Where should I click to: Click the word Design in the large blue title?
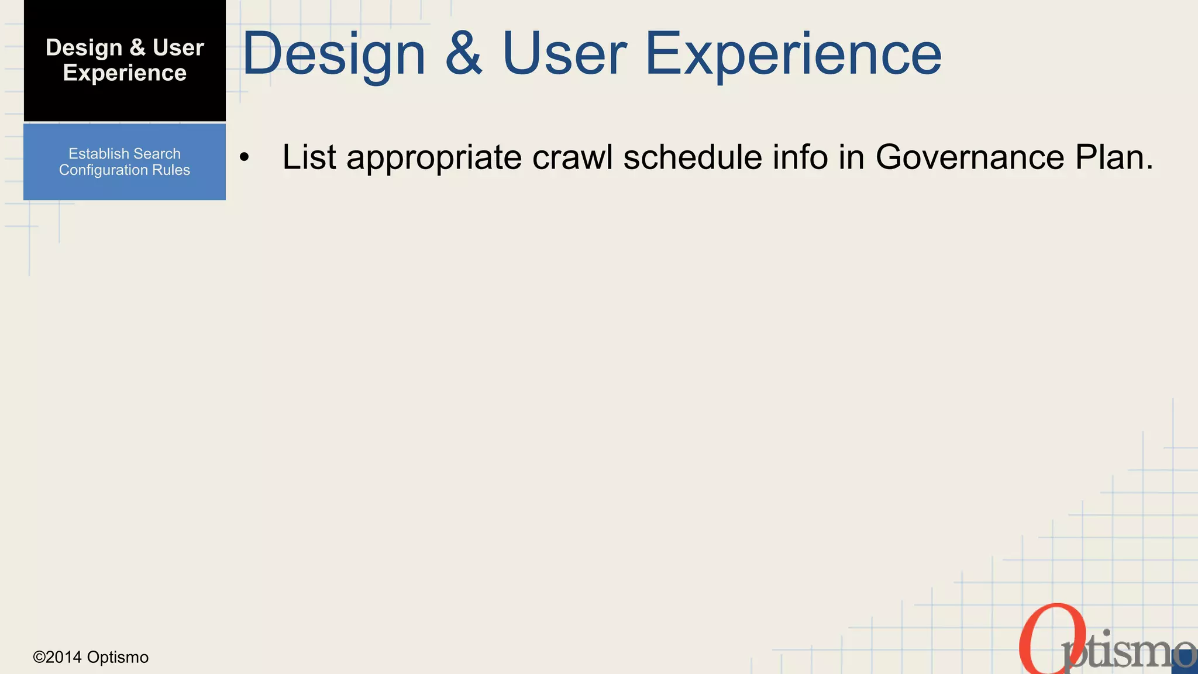(x=333, y=54)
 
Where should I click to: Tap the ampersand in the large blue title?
(x=464, y=54)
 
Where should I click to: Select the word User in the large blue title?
(x=564, y=54)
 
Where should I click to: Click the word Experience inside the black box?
(x=125, y=73)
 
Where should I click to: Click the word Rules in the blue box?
(x=171, y=170)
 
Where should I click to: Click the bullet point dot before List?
(x=244, y=157)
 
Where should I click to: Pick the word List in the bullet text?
(x=309, y=157)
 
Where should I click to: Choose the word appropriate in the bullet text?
(x=433, y=157)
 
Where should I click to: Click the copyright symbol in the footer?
(x=39, y=657)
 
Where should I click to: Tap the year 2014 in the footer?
(x=64, y=657)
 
